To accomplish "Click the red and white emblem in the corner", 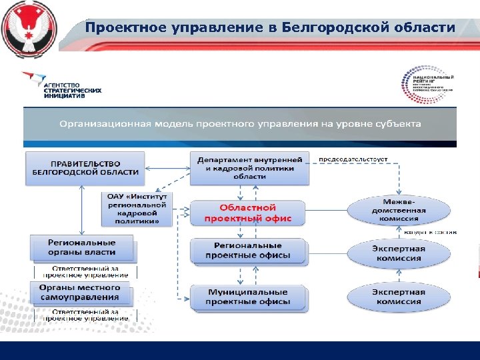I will [27, 27].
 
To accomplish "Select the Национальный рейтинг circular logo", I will [427, 85].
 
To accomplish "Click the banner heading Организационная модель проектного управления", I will [240, 124].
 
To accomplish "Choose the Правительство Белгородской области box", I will [85, 167].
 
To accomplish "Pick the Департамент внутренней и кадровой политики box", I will [249, 168].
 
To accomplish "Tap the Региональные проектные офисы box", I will [248, 251].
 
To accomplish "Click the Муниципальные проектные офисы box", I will [248, 297].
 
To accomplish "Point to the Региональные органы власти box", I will [82, 247].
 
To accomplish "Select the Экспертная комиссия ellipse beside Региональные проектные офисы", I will [398, 253].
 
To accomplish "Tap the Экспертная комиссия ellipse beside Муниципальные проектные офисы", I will [398, 297].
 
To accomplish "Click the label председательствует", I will [353, 160].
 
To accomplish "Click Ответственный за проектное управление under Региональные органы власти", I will [86, 271].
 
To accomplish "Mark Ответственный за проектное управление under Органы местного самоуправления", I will [86, 315].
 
